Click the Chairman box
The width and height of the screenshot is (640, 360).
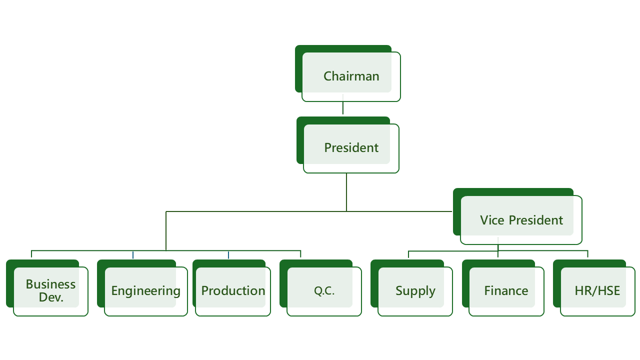pos(347,73)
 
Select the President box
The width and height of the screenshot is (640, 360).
pos(347,145)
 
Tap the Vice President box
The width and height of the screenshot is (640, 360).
pos(517,216)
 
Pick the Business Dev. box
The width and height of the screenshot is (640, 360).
pos(47,287)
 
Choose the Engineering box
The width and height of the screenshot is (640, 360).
pos(142,287)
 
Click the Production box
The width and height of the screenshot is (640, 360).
pos(231,287)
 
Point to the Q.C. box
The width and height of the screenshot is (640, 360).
pos(320,287)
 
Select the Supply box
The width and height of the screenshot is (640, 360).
pos(411,287)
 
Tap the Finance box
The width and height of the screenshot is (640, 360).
pos(503,287)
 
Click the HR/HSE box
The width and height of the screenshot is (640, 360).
pos(594,287)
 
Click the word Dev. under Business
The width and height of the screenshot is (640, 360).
pos(51,297)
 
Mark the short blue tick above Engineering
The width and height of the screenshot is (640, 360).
pos(133,255)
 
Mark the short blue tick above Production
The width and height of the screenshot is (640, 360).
pos(228,255)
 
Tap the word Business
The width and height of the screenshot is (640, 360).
pos(51,284)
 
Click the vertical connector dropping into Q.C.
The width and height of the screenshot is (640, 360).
pos(300,254)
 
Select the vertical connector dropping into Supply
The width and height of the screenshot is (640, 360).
pos(408,254)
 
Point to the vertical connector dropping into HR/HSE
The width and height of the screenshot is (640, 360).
pos(587,254)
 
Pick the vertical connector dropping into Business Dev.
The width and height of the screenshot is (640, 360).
pos(31,254)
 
